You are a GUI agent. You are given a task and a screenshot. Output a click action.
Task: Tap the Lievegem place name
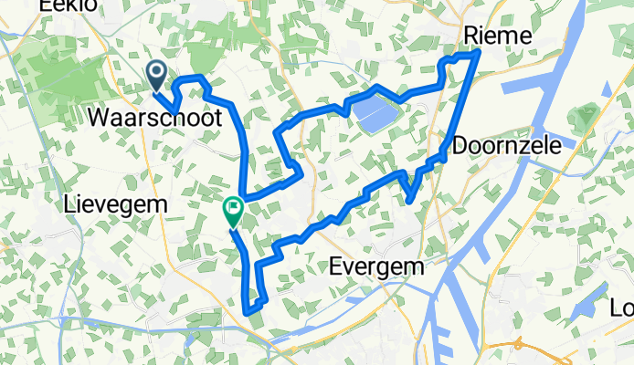coord(116,205)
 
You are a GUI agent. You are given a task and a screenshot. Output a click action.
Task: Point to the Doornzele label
coord(505,145)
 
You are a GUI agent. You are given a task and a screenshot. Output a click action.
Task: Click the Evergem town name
coord(377,267)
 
